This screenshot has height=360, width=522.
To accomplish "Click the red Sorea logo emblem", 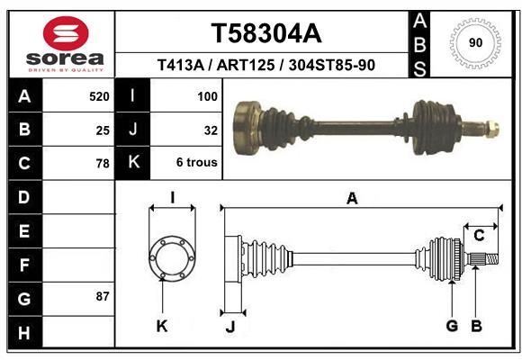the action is pos(66,33).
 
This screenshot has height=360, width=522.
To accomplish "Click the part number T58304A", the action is pos(266,33).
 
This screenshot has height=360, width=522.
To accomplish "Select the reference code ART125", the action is pos(246,65).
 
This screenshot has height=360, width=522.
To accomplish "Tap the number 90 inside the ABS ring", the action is pos(475,42).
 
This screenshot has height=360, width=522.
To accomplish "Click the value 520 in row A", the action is pos(99,96).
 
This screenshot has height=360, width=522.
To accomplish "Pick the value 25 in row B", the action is pos(103,130).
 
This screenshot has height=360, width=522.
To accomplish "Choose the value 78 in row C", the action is pos(103,164).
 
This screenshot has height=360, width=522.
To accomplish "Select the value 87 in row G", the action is pos(103,296).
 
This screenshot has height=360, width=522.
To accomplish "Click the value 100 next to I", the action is pos(207,96).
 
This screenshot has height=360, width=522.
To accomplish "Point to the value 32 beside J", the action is pos(211,130).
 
